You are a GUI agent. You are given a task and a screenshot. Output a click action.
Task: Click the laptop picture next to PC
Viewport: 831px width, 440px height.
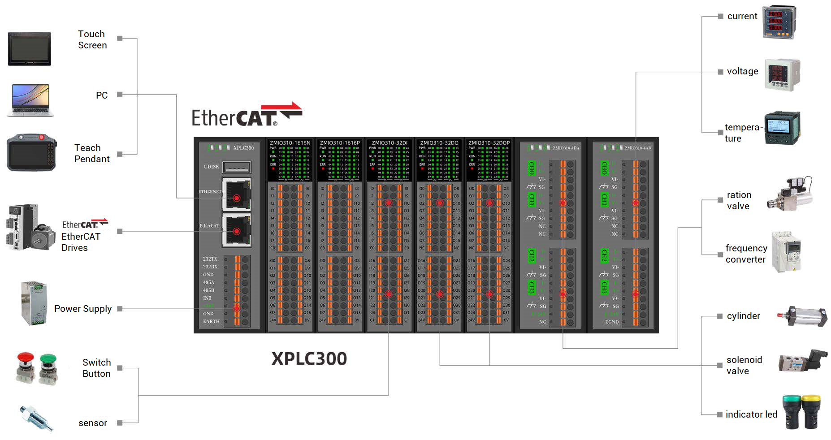tap(30, 100)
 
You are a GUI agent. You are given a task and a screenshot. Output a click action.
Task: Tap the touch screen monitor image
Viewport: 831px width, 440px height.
tap(30, 49)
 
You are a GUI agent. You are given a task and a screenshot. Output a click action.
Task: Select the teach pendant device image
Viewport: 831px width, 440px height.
tap(31, 152)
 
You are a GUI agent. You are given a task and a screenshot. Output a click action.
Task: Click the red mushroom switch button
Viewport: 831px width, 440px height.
tap(26, 368)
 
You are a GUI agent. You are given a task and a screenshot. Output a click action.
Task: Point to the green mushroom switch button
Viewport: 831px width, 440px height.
tap(48, 368)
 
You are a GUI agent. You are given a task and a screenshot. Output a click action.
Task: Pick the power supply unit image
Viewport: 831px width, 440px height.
tap(34, 303)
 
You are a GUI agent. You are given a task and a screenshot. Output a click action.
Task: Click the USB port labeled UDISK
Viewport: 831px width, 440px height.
tap(237, 167)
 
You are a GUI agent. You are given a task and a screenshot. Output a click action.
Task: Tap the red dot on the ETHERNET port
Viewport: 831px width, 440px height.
tap(237, 198)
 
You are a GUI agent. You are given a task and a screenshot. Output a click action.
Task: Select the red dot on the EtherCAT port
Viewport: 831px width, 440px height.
tap(237, 231)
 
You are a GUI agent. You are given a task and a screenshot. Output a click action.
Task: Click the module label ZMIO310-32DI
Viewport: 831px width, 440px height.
tap(390, 143)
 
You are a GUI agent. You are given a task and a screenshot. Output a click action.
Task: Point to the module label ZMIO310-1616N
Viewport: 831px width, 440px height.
tap(290, 143)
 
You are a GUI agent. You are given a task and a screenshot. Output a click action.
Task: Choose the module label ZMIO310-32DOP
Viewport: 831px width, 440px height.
tap(489, 143)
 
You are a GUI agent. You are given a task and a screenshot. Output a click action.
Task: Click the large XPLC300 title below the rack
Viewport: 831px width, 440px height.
tap(309, 358)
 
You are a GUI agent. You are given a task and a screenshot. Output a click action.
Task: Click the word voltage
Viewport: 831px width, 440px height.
tap(743, 71)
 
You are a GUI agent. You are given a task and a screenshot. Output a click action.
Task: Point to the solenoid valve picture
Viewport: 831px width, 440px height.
tap(802, 361)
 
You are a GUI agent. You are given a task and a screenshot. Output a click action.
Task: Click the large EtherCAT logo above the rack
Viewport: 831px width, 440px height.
tap(247, 115)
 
